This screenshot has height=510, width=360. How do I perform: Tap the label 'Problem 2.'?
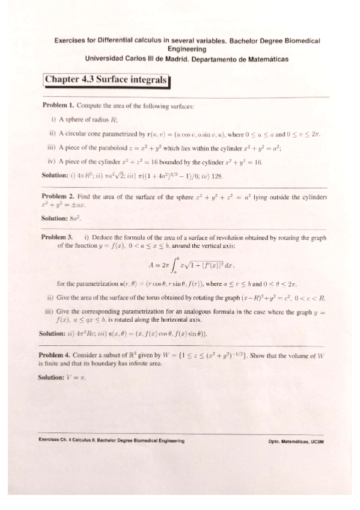tap(59, 197)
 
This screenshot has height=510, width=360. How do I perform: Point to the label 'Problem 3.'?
tap(59, 238)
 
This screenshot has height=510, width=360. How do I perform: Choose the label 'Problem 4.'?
tap(58, 355)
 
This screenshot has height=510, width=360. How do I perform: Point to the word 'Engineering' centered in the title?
tap(187, 49)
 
